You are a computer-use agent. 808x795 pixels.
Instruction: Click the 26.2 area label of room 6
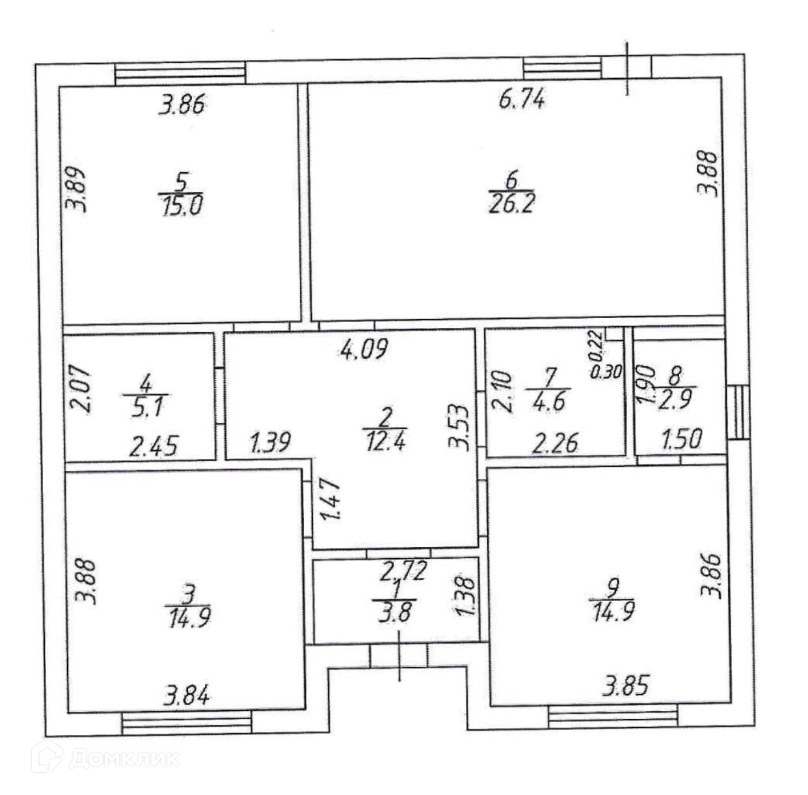click(x=511, y=205)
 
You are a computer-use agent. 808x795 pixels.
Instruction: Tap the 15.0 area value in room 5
click(x=181, y=206)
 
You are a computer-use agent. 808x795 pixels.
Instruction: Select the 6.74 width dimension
click(x=522, y=101)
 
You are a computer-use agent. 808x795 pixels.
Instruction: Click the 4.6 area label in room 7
click(x=549, y=399)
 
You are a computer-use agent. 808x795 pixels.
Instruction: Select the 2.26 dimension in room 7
click(x=554, y=444)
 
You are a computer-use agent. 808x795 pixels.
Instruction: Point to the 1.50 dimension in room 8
click(x=681, y=439)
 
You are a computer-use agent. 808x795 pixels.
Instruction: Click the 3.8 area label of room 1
click(x=395, y=613)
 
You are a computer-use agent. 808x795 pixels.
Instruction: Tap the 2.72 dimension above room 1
click(x=403, y=572)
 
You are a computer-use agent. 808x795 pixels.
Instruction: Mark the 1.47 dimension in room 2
click(x=330, y=498)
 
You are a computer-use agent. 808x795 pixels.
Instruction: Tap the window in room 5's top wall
click(x=180, y=72)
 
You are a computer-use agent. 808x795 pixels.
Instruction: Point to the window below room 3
click(x=186, y=722)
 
